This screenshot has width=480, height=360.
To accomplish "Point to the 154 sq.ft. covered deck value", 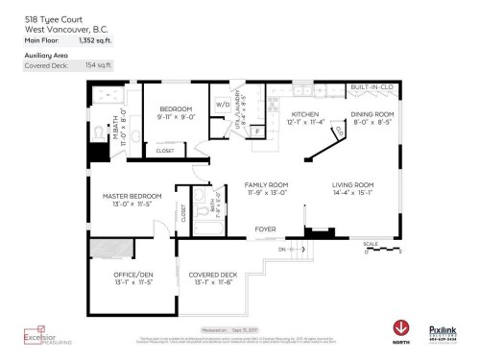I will click(97, 66).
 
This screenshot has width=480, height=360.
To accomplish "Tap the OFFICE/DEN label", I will click(133, 275).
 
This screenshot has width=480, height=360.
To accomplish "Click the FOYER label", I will click(266, 228).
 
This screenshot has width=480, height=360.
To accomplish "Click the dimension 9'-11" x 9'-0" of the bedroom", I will click(176, 117).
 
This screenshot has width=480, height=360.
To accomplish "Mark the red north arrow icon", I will click(399, 327).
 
